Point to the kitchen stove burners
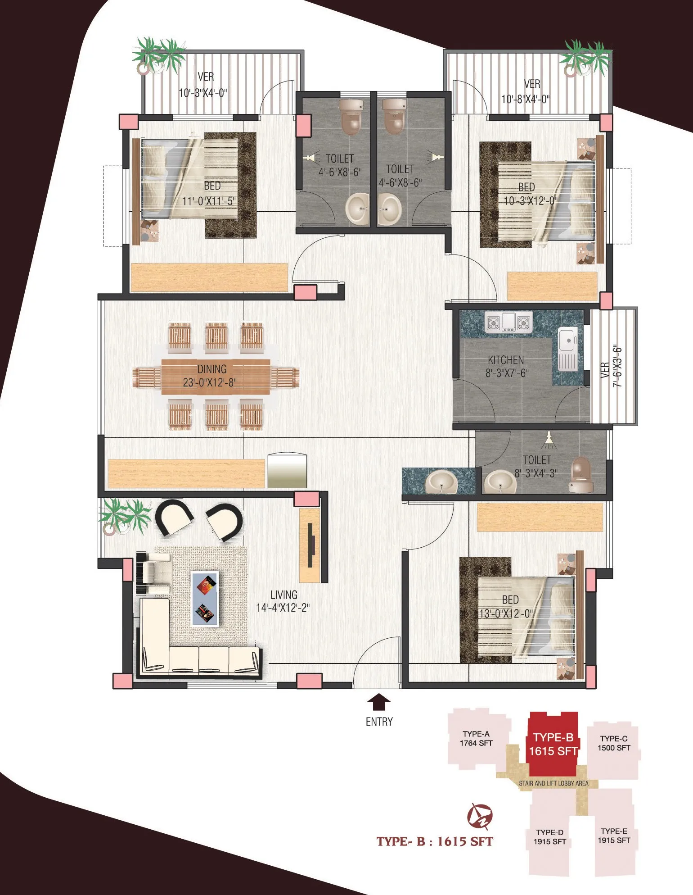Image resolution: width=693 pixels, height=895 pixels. coord(508,323)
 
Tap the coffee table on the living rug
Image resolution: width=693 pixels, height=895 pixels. coord(205,598)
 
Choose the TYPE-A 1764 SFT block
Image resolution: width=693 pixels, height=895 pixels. coord(477,738)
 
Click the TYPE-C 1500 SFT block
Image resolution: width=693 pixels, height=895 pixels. coord(614,749)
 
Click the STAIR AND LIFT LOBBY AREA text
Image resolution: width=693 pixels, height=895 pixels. coord(553,783)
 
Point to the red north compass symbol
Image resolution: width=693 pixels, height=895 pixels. coord(480,816)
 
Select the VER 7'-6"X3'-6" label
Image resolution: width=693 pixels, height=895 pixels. coord(612,366)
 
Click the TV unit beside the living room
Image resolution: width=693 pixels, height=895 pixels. coord(310,545)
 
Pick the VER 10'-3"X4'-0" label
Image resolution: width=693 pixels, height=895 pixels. coord(203,85)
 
